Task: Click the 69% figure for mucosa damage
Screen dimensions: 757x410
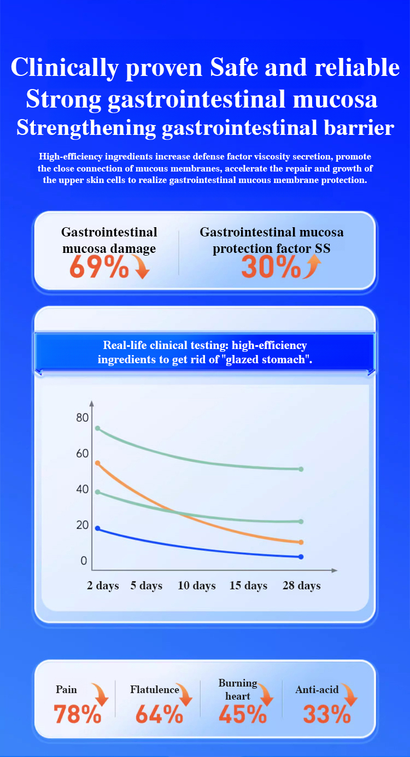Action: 99,267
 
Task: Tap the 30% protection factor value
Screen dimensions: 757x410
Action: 271,267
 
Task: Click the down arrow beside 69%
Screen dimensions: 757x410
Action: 142,269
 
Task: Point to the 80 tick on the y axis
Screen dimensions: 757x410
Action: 82,418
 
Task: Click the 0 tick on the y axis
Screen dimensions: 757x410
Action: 84,561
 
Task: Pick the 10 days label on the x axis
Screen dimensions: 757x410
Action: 197,586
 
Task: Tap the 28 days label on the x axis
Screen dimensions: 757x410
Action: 301,586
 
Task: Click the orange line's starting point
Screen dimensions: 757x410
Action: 98,463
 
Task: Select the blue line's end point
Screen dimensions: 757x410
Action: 301,557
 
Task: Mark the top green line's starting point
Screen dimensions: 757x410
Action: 98,428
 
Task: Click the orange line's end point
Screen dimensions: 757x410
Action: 301,542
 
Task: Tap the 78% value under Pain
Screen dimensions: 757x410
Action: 77,714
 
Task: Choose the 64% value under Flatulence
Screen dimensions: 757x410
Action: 159,714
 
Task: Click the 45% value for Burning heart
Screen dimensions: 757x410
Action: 243,714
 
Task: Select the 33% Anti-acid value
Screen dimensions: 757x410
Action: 326,714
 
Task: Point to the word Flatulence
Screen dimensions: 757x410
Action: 155,690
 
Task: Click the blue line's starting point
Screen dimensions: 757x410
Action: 98,528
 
